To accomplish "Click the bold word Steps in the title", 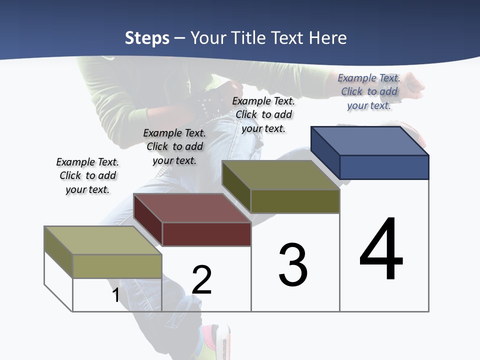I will [x=147, y=38].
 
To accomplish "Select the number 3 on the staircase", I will [x=293, y=265].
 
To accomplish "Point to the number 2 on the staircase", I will [x=202, y=280].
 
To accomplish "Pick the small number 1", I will [x=116, y=295].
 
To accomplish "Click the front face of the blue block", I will [x=384, y=167].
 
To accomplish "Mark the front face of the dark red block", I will [x=206, y=234].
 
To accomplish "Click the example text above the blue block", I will [x=369, y=91].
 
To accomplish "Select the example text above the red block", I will [x=174, y=146].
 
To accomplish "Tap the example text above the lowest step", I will [x=87, y=175].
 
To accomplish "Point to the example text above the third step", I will [x=263, y=114].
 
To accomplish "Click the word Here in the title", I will [x=327, y=38].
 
